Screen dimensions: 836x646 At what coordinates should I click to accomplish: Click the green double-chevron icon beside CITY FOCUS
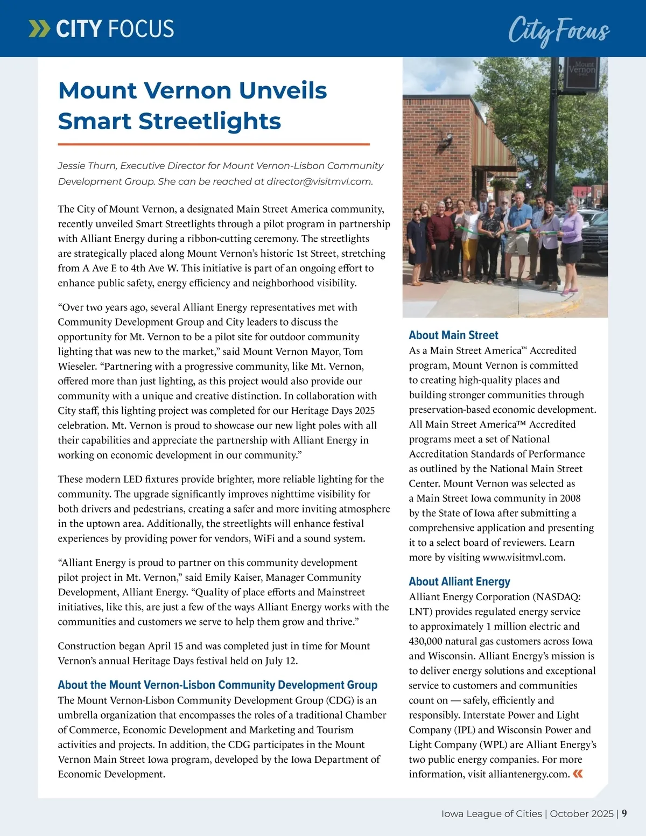(x=38, y=29)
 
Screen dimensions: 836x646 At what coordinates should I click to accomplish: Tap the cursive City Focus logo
(x=559, y=30)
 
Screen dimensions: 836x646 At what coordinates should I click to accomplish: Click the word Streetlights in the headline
(x=209, y=121)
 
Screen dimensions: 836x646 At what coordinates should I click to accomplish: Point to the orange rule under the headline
(x=214, y=144)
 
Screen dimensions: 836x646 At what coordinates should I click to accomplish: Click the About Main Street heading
(x=453, y=335)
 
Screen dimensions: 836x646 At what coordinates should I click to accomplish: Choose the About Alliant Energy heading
(x=459, y=582)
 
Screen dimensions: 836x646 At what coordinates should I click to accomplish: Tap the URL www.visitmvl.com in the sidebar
(x=523, y=558)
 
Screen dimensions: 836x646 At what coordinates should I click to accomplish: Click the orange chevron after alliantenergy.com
(x=578, y=774)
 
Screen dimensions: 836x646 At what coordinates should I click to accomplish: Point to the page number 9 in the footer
(x=624, y=813)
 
